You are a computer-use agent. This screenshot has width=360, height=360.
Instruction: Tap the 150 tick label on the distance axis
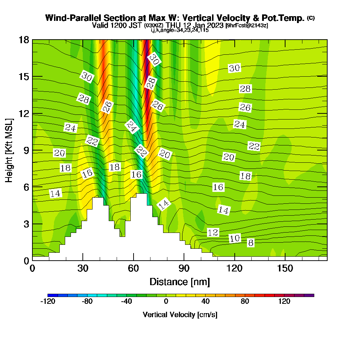285,269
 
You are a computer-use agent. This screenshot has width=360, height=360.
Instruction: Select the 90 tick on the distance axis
184,269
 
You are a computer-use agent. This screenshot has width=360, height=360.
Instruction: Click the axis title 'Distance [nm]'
180,282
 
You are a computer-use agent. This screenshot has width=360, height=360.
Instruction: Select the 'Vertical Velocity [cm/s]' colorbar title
180,315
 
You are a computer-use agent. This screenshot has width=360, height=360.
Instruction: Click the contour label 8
251,243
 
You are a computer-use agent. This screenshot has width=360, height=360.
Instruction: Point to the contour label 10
235,238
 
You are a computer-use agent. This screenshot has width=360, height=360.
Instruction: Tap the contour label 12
213,233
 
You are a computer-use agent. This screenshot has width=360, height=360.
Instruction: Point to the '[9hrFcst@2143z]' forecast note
247,26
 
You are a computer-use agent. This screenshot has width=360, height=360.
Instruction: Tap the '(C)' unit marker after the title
311,18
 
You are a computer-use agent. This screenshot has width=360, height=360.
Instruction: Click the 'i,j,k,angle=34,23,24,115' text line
180,30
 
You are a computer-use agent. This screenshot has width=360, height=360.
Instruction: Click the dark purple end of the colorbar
310,295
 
